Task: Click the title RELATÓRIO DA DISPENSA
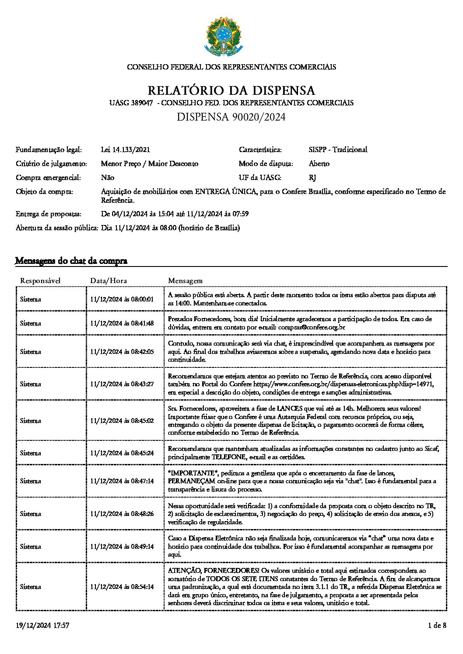pos(231,90)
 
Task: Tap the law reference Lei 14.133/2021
pos(125,149)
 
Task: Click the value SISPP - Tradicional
pos(337,149)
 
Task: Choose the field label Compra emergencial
pos(48,177)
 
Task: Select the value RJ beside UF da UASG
pos(312,177)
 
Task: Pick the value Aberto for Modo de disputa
pos(319,163)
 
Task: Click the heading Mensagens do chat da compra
pos(71,261)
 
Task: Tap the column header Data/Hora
pos(108,280)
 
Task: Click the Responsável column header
pos(40,280)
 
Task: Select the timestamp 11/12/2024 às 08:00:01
pos(122,299)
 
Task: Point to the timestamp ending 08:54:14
pos(122,587)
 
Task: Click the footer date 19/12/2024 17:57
pos(42,626)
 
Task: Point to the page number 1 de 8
pos(437,626)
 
